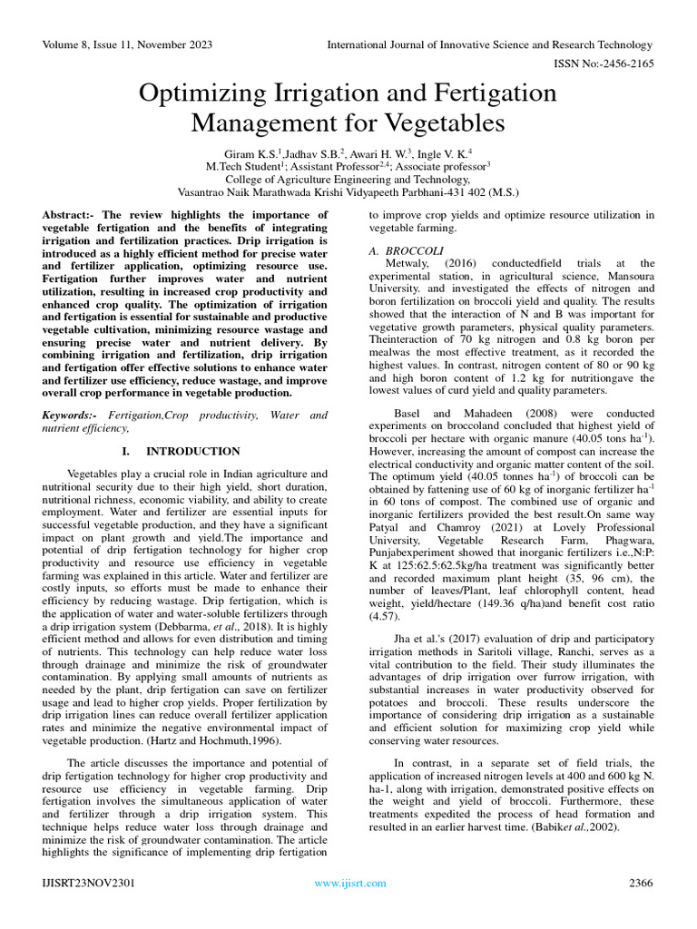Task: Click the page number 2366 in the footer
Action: (x=640, y=883)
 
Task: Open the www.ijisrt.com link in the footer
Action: (x=349, y=883)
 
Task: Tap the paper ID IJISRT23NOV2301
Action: (x=88, y=883)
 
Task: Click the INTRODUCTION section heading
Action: (x=192, y=451)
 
